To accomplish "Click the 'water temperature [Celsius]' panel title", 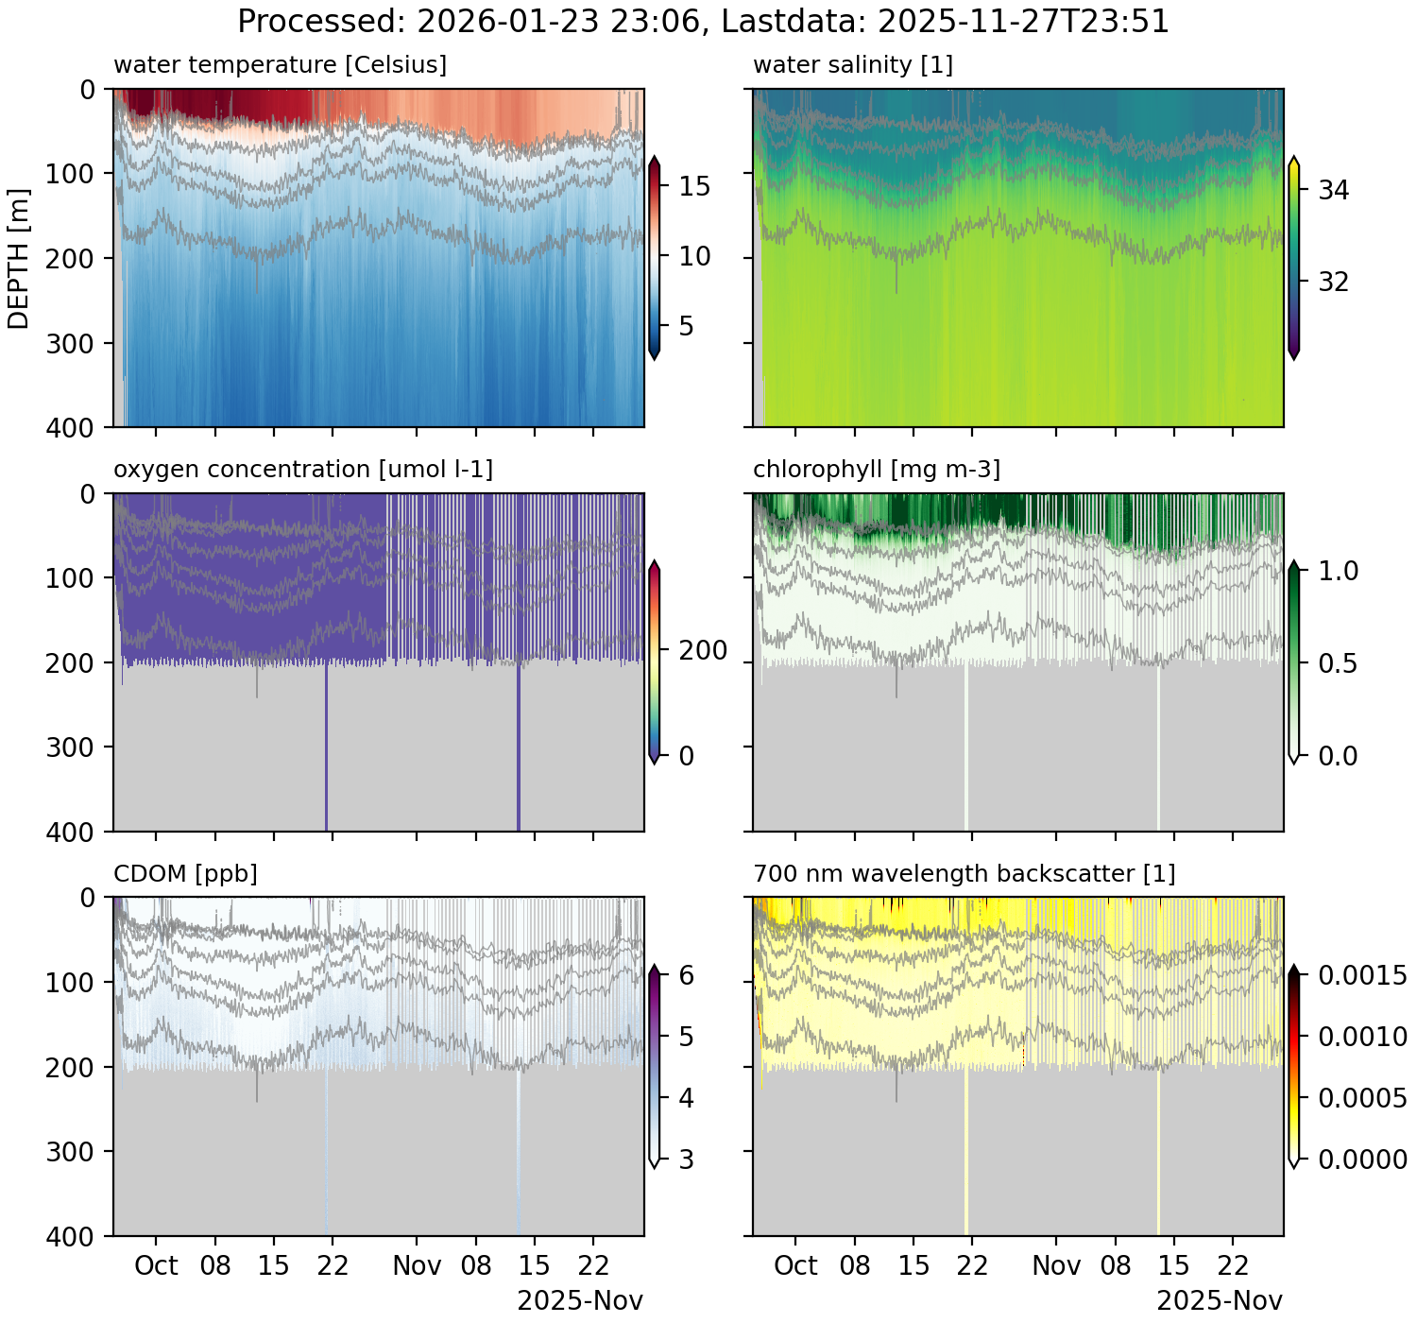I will tap(280, 65).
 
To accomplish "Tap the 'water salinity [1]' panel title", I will tap(852, 65).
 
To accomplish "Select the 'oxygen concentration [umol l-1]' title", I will tap(303, 470).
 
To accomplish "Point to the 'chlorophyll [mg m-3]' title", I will tap(876, 470).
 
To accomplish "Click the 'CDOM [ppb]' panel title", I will tap(185, 874).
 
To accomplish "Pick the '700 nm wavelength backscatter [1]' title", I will tap(964, 874).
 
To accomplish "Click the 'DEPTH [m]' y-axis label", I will tap(19, 258).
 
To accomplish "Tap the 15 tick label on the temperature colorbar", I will tap(694, 187).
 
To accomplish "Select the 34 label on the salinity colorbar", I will tap(1333, 191).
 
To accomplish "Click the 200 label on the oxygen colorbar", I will tap(703, 651).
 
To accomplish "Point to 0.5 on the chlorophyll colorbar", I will tap(1337, 663).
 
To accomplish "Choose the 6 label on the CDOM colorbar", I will tap(686, 975).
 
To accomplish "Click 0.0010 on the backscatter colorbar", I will tap(1361, 1037).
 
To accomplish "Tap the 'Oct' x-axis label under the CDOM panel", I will tap(156, 1266).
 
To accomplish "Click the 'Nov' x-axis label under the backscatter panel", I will tap(1056, 1266).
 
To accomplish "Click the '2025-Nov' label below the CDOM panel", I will tap(580, 1301).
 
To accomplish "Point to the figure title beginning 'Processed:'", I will tap(703, 21).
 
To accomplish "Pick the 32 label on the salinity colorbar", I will tap(1333, 283).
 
